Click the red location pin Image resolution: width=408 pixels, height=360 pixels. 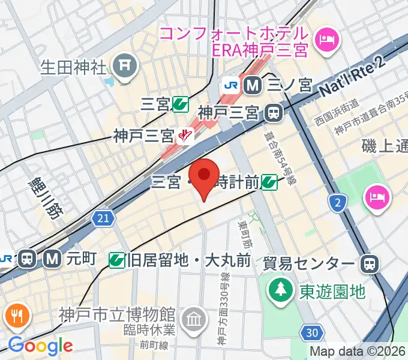[x=205, y=176]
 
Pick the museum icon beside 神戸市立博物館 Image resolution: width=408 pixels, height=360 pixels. [x=193, y=316]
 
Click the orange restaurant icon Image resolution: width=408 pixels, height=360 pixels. [x=19, y=316]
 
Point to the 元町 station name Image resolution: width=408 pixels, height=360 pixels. [x=81, y=259]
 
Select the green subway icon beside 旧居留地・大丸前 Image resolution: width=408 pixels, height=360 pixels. [x=118, y=260]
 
